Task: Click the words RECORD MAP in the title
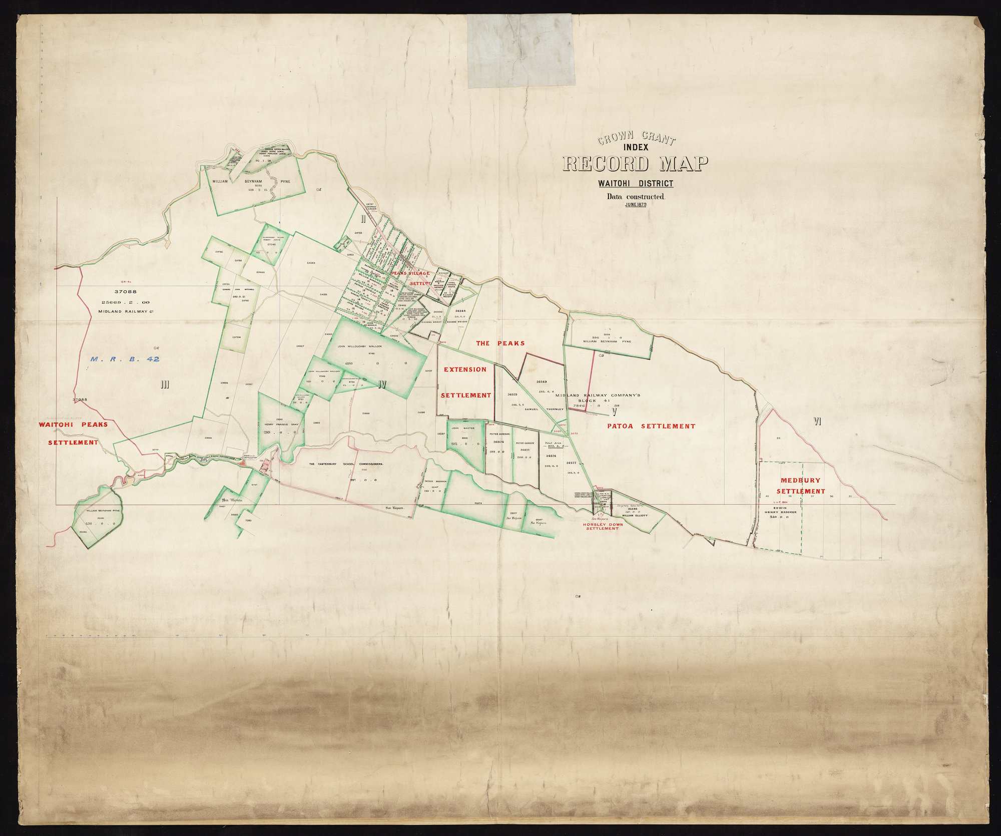click(x=636, y=164)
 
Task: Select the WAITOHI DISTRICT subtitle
click(x=636, y=184)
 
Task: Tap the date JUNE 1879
click(x=636, y=204)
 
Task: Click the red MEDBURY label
click(x=801, y=480)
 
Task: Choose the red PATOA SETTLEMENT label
click(x=651, y=426)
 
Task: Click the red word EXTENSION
click(x=465, y=369)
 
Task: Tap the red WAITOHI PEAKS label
click(x=73, y=425)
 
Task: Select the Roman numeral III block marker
click(x=165, y=384)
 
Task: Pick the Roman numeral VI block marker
click(x=818, y=422)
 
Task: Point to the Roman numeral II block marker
click(x=364, y=219)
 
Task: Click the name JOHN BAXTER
click(x=463, y=429)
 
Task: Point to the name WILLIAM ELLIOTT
click(x=635, y=515)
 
